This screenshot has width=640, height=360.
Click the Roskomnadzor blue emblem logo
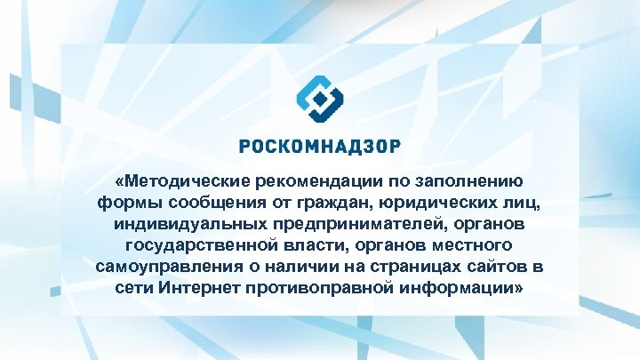pos(319,99)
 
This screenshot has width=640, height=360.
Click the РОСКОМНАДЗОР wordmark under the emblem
pos(320,145)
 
